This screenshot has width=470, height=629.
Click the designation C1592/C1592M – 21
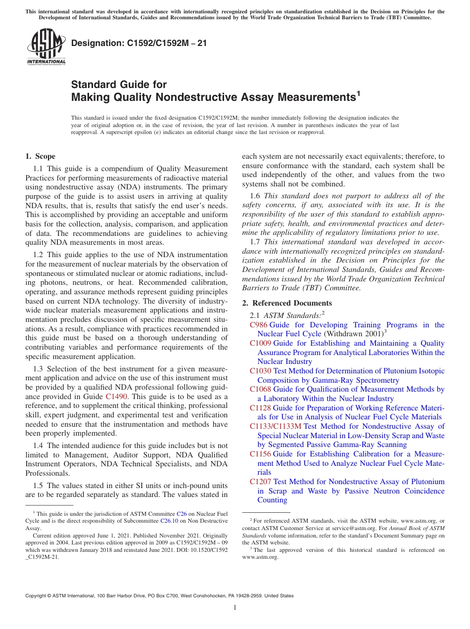pos(139,44)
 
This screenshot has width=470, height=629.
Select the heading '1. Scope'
pos(40,156)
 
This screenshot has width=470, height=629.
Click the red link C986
pos(258,325)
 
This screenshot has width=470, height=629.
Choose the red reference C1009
pos(260,343)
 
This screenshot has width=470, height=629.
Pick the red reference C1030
pos(260,371)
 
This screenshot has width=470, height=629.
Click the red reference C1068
pos(260,389)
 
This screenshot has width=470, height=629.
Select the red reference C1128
pos(260,408)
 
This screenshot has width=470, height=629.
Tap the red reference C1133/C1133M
pos(275,426)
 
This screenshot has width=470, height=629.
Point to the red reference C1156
pos(260,454)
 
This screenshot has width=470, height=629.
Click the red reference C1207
pos(260,482)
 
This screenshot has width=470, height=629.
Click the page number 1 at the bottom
pos(235,608)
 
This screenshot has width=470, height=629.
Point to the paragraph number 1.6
pos(255,196)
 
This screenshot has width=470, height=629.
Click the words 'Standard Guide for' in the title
pos(119,85)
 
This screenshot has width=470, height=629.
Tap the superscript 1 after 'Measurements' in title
pos(359,92)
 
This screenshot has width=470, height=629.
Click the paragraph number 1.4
pos(39,446)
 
